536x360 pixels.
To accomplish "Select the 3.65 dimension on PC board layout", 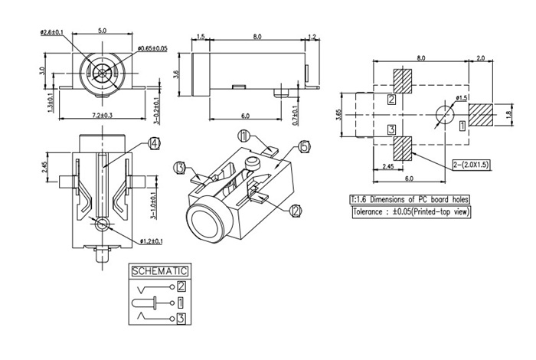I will point(339,115).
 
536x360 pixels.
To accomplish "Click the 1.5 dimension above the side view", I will point(201,36).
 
